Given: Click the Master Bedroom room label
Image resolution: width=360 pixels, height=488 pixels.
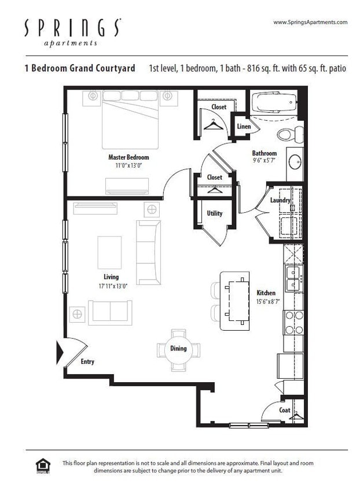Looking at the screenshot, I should point(128,157).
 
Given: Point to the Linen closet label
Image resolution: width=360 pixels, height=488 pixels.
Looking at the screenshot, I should point(244,127).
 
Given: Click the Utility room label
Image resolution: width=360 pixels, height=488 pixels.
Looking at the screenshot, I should point(215,213).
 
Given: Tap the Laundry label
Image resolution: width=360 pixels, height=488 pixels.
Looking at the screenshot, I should point(280,200).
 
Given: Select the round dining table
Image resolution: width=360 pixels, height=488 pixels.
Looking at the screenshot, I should point(178,349).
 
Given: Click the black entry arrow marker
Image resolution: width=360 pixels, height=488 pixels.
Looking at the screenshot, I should point(60,352).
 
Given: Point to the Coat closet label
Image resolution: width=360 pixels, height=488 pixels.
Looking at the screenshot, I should point(285,410).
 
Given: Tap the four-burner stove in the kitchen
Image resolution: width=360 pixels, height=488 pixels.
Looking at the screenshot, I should point(293,323).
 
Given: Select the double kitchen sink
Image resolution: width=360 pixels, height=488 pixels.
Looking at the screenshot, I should point(293,279).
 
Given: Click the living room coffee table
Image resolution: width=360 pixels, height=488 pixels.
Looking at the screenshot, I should point(109,252).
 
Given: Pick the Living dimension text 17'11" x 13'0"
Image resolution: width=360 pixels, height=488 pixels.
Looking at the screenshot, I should point(111,286).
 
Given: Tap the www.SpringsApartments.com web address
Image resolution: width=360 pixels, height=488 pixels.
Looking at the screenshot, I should point(310,23).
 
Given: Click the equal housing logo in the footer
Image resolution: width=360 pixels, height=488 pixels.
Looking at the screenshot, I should point(43,465).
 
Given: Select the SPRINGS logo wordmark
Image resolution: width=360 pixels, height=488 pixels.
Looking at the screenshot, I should point(72,28).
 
